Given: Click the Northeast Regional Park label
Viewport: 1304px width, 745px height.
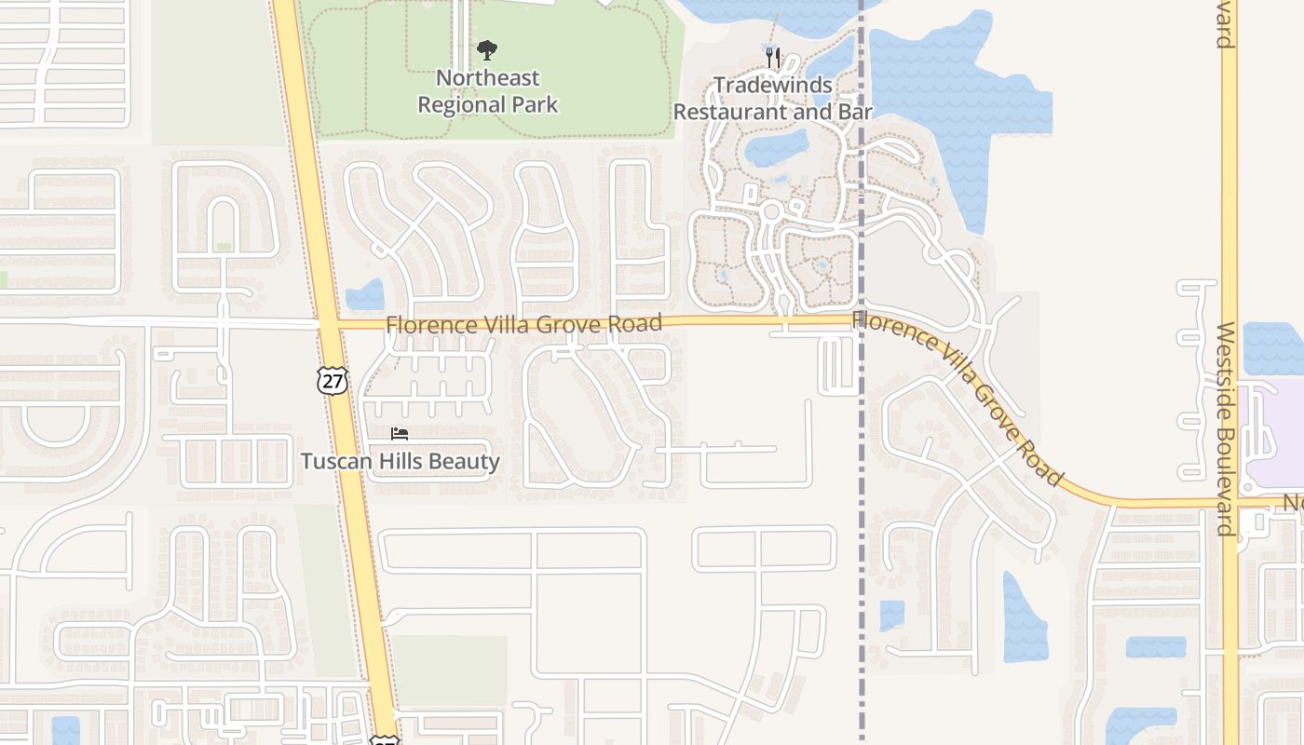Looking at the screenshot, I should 487,91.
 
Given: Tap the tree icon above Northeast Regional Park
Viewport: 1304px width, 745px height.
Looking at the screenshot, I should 486,50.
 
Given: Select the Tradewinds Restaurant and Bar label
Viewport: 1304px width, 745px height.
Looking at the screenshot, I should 772,99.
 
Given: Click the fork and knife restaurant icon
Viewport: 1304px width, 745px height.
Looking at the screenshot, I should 772,58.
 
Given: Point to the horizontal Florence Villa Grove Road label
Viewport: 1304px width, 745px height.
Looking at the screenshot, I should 523,324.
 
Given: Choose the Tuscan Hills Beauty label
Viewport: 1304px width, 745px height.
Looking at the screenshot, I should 400,461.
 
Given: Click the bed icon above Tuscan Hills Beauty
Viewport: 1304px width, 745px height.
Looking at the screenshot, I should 400,434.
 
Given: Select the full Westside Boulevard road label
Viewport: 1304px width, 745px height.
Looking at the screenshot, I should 1226,428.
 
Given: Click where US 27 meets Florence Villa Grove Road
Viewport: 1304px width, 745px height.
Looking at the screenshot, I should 328,324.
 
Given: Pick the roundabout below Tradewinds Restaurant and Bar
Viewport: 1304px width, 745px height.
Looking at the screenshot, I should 770,211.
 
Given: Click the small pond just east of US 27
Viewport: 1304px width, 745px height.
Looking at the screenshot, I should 365,295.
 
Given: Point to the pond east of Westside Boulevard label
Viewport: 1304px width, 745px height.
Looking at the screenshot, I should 1272,348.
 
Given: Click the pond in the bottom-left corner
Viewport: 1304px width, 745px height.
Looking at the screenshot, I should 65,730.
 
